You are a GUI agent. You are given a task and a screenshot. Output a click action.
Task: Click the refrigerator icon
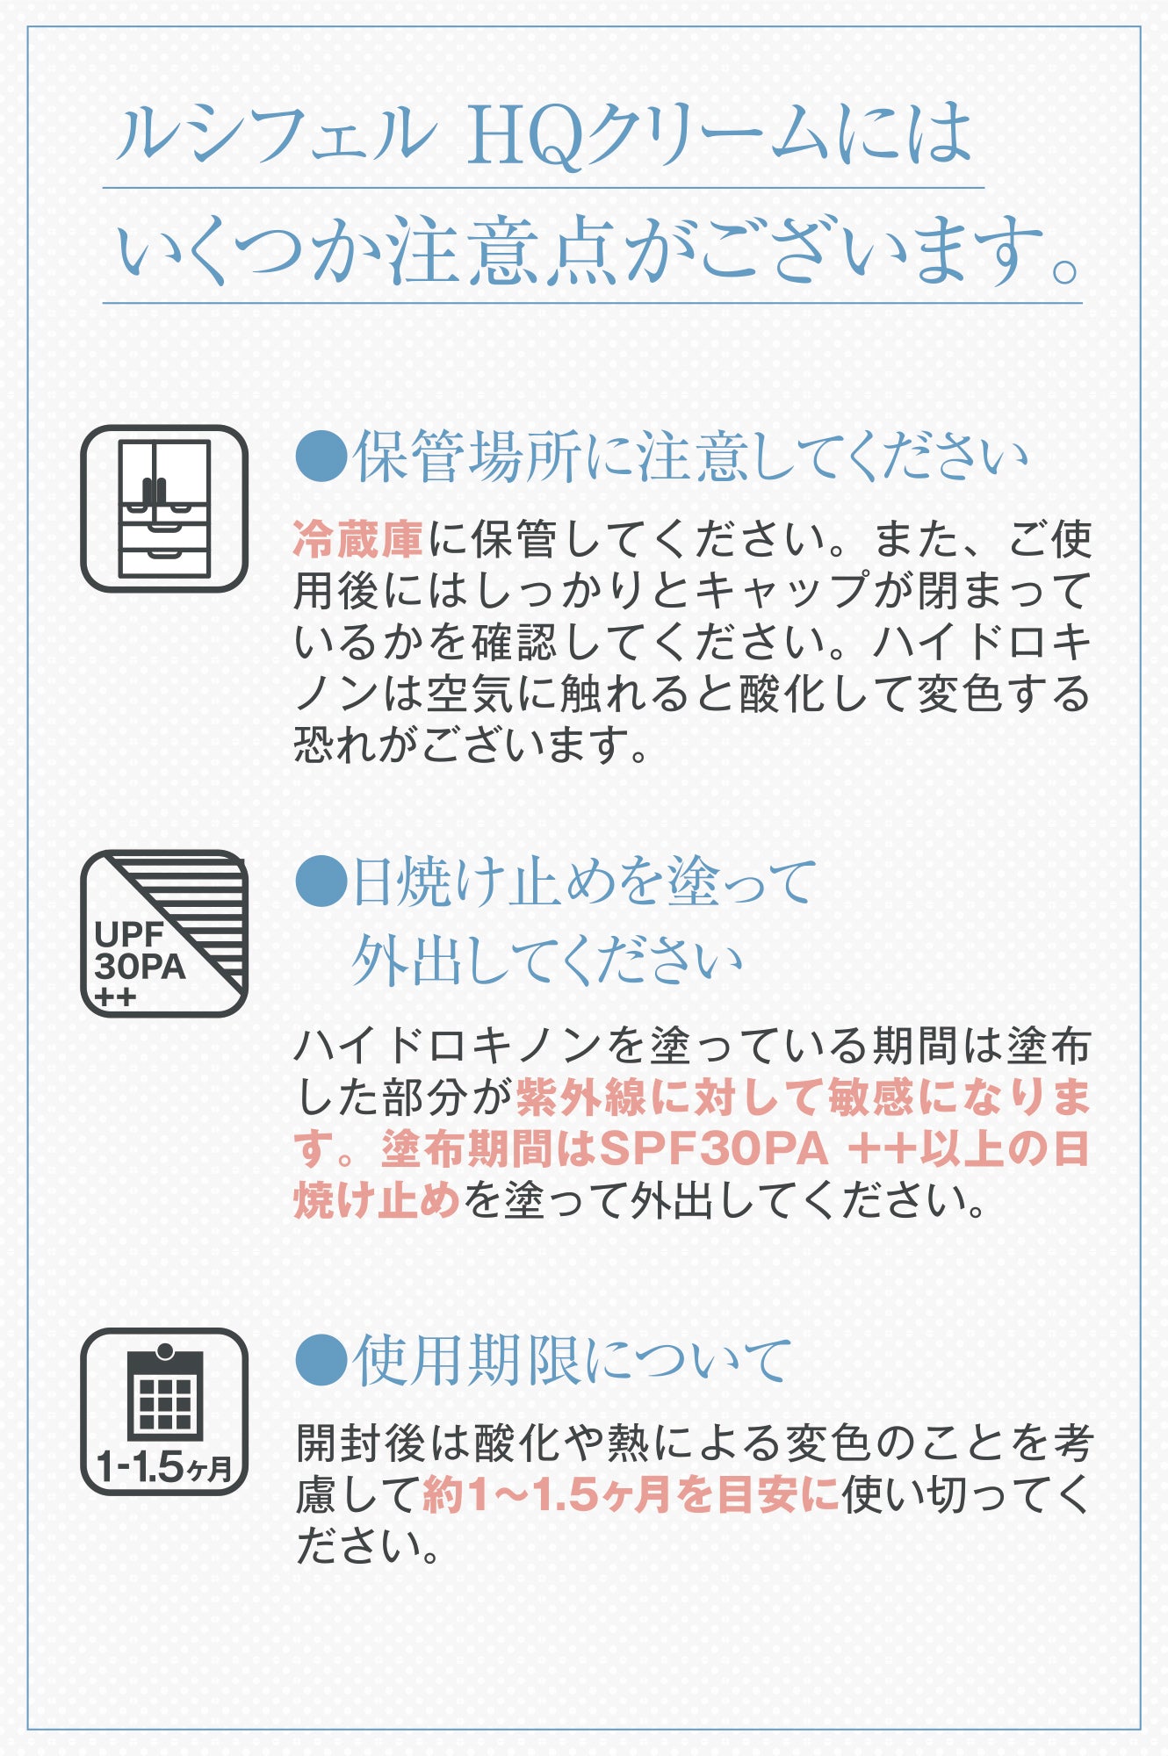click(164, 509)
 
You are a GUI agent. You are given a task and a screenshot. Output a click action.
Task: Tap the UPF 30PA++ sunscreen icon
click(164, 933)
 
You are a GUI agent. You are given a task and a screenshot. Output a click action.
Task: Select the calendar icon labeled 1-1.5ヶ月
click(164, 1411)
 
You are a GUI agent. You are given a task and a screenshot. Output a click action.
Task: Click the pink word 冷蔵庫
click(359, 539)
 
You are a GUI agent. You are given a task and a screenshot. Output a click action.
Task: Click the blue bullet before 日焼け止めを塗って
click(321, 882)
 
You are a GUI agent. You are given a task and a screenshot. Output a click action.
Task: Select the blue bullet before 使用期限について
click(321, 1360)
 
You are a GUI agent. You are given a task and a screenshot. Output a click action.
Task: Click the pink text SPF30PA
click(714, 1148)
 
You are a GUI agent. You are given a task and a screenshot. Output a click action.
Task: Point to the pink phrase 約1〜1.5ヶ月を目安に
click(631, 1494)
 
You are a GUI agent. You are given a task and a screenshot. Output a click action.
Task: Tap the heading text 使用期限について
click(573, 1360)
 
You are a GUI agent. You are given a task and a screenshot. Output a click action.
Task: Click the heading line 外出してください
click(547, 961)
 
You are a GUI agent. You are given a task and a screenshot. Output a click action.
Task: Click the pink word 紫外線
click(581, 1097)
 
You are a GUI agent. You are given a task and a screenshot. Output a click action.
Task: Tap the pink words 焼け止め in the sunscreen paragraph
click(377, 1200)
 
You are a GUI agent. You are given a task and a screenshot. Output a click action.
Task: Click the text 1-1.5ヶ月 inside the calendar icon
click(164, 1466)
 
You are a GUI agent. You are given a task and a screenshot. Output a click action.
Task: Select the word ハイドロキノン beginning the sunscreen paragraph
click(449, 1045)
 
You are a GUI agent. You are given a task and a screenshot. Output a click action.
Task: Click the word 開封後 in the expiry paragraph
click(361, 1443)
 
